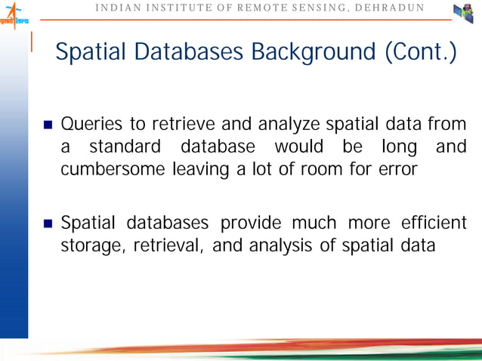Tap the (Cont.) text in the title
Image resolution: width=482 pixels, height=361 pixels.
pyautogui.click(x=421, y=53)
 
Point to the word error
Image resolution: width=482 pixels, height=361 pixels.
pyautogui.click(x=398, y=169)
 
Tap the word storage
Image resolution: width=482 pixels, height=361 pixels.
pyautogui.click(x=88, y=246)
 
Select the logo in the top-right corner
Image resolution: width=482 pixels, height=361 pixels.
pyautogui.click(x=462, y=13)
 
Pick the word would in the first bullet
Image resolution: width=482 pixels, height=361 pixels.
pyautogui.click(x=300, y=146)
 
